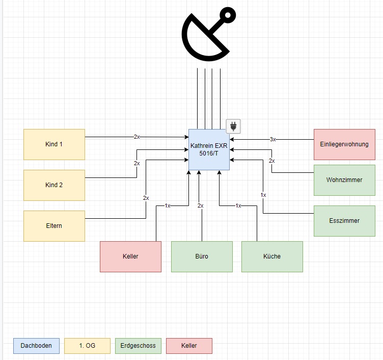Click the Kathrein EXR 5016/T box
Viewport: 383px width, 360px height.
[x=209, y=149]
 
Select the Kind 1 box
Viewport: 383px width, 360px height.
[x=54, y=144]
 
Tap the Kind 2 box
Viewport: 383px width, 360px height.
[x=54, y=185]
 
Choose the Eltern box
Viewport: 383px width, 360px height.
[x=54, y=225]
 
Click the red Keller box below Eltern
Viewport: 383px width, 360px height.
[x=130, y=256]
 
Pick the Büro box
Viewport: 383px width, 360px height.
[x=202, y=256]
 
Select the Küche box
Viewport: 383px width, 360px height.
[x=272, y=256]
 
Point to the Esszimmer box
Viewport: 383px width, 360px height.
[x=344, y=221]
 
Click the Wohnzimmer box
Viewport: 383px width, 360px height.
[x=344, y=180]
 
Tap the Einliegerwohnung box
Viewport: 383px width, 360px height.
[x=344, y=144]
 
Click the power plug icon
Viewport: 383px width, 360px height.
[x=233, y=126]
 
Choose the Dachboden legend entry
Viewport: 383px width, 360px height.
[x=36, y=346]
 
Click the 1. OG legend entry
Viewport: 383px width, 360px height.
[x=87, y=346]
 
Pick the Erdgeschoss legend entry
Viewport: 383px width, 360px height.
[x=138, y=346]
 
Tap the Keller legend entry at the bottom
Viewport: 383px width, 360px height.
[x=189, y=346]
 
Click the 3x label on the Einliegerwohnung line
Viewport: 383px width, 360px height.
[x=273, y=139]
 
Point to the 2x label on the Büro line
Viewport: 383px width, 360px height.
[x=201, y=205]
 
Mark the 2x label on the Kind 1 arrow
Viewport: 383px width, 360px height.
[x=136, y=137]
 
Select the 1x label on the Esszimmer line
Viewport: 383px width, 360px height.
[x=263, y=195]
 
